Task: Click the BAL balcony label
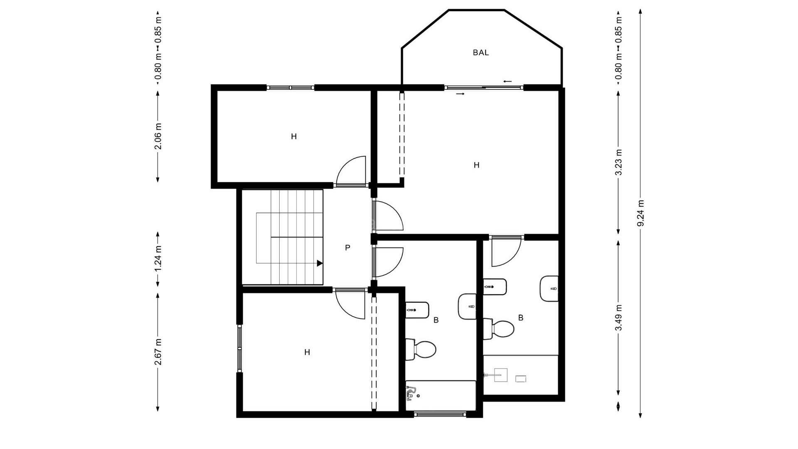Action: (x=480, y=53)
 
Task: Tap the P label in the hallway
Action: (x=347, y=248)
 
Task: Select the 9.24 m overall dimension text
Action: (x=640, y=213)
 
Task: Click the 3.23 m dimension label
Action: (x=618, y=162)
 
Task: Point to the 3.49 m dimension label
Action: (x=618, y=318)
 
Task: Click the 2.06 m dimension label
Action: (x=158, y=136)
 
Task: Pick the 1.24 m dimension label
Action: (x=158, y=259)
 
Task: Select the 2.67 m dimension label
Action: (x=158, y=352)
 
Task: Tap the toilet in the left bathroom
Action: (x=421, y=349)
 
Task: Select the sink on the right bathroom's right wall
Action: (x=549, y=289)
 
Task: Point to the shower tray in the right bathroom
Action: (x=520, y=375)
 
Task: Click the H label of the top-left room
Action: (x=294, y=136)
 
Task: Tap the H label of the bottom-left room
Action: (x=307, y=353)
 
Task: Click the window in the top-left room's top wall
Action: (x=290, y=88)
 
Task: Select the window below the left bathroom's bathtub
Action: (x=441, y=414)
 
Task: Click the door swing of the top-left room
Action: (x=352, y=170)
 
